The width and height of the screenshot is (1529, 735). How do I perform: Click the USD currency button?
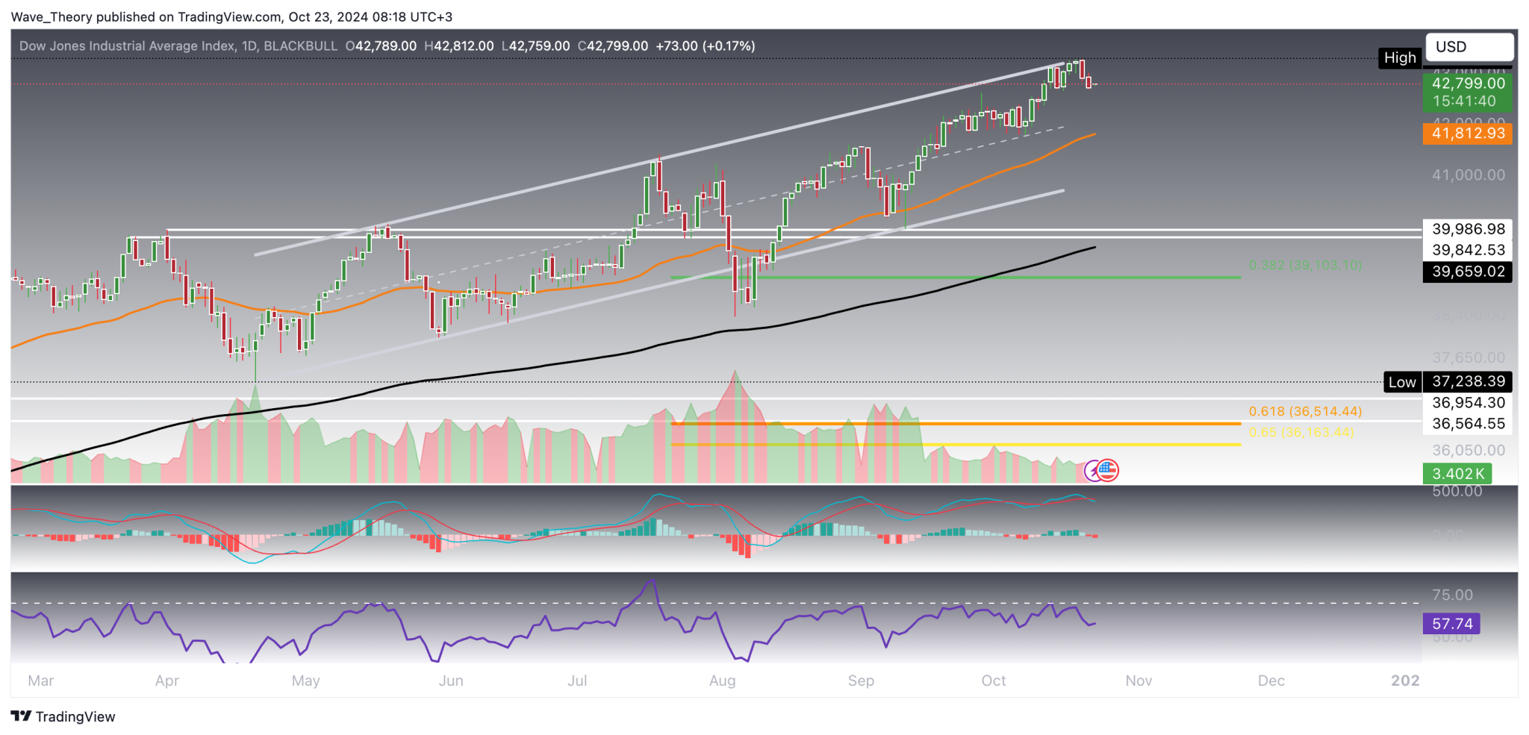[x=1469, y=47]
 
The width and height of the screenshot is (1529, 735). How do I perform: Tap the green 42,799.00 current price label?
[x=1467, y=84]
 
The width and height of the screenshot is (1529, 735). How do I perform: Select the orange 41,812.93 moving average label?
[x=1467, y=134]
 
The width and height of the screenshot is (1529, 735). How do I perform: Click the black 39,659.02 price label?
[x=1467, y=272]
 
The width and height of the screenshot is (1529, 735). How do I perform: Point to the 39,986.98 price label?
[x=1467, y=229]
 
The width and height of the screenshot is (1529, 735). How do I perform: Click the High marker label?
[x=1399, y=58]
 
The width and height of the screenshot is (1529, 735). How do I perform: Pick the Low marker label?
[x=1401, y=382]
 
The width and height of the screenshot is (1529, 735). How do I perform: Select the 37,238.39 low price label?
[x=1467, y=381]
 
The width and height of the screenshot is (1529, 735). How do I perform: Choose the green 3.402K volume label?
[x=1457, y=474]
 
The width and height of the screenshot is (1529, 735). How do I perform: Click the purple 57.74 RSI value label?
[x=1451, y=624]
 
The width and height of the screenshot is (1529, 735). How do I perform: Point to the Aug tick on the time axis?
[x=722, y=681]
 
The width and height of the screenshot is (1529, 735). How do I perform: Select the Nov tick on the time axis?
[x=1139, y=681]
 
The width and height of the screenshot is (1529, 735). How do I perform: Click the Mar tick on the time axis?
[x=40, y=681]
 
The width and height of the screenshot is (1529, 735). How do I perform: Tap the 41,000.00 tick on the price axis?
[x=1468, y=175]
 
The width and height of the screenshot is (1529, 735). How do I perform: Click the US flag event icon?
[x=1108, y=470]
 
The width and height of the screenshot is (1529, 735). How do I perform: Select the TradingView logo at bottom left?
[x=63, y=716]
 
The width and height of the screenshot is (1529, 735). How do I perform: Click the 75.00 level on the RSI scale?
[x=1452, y=595]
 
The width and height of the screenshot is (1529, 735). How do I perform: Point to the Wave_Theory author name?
[x=46, y=16]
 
